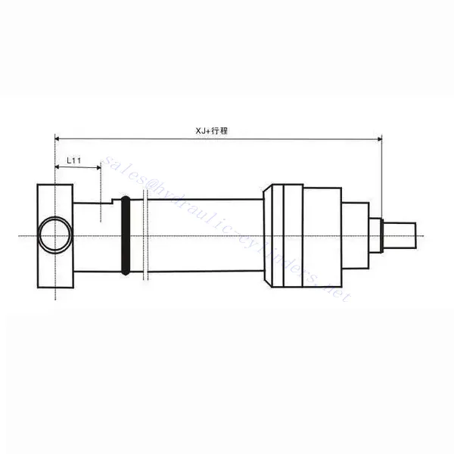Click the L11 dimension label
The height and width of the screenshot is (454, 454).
coord(74,160)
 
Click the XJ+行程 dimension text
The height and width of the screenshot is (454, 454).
coord(212,131)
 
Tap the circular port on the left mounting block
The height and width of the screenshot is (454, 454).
coord(55,235)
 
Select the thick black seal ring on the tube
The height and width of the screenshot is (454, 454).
coord(126,235)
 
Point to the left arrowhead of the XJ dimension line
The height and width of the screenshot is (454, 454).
coord(57,138)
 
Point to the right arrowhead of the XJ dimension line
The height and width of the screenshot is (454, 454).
coord(379,139)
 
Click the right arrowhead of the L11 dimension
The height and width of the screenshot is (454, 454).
coord(98,167)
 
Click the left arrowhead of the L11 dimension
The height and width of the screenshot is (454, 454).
coord(57,167)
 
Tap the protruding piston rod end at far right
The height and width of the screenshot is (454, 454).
coord(400,235)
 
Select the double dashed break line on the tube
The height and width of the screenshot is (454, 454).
coord(145,235)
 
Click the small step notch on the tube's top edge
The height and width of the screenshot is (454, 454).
coord(112,201)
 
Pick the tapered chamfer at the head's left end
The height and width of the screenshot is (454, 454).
coord(268,235)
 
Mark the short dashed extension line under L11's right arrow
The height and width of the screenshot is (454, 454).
coord(101,192)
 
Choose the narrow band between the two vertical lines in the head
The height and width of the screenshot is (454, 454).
coord(278,235)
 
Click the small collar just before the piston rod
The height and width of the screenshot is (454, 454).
coord(375,235)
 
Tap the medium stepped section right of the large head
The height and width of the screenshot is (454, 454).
coord(355,235)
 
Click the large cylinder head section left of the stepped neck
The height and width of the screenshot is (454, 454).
coord(322,237)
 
